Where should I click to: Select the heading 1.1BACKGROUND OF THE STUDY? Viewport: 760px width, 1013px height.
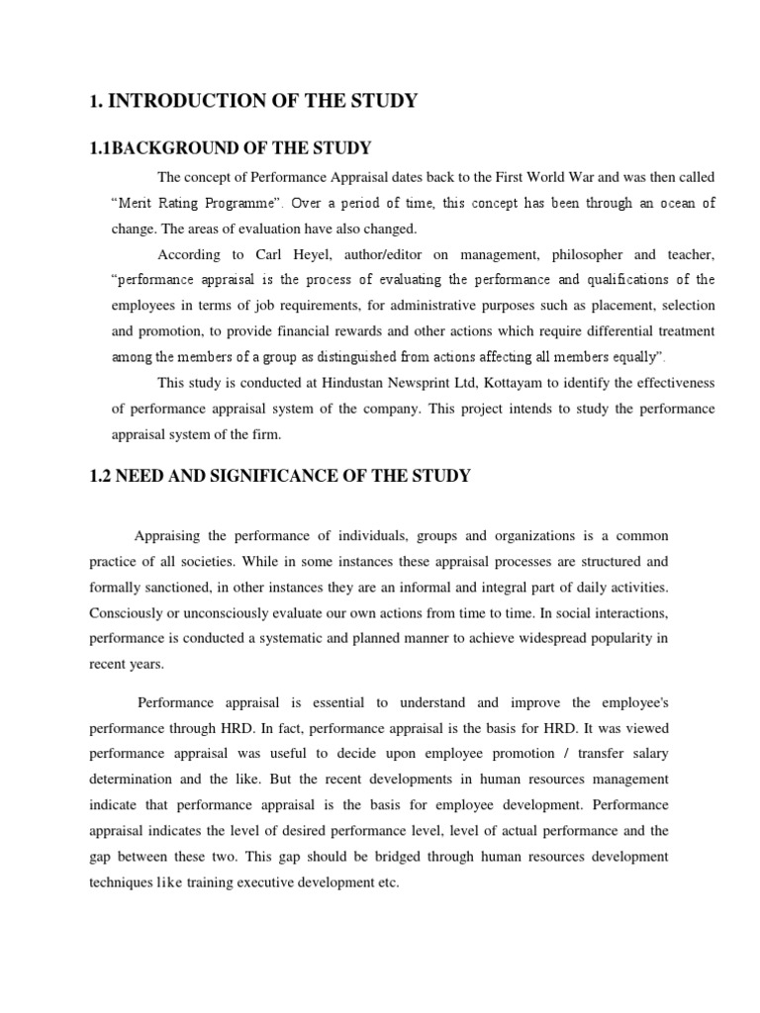point(231,148)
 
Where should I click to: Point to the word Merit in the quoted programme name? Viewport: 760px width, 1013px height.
point(137,202)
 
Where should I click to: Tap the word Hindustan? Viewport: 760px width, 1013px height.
point(385,382)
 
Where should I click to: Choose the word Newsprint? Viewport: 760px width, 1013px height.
point(453,382)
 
